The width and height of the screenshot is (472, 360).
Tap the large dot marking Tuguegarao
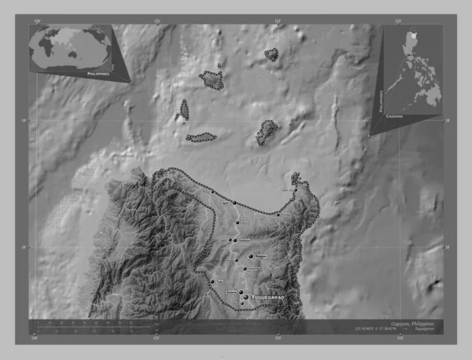click(x=245, y=297)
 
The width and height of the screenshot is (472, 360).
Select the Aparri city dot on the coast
click(x=234, y=203)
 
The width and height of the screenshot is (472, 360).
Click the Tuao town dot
click(x=212, y=281)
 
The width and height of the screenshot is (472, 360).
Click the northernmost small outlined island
click(x=271, y=54)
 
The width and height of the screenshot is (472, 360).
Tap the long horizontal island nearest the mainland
click(x=201, y=138)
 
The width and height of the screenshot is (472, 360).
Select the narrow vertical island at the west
click(x=184, y=109)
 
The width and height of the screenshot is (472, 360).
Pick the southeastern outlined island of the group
click(x=267, y=133)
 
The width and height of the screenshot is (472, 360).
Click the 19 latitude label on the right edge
click(x=448, y=120)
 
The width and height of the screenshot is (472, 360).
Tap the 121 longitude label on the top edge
click(x=157, y=19)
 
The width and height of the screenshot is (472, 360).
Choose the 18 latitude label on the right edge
click(x=448, y=247)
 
